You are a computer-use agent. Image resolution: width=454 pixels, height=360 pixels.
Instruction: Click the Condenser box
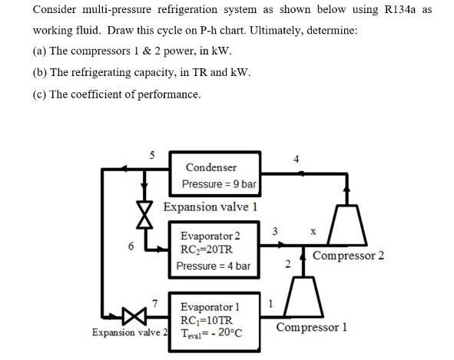[213, 175]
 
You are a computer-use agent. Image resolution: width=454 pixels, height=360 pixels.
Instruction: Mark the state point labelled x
[313, 230]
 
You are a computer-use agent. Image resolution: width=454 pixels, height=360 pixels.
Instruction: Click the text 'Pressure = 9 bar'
[219, 184]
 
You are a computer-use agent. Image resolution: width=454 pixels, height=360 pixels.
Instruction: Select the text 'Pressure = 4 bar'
[214, 266]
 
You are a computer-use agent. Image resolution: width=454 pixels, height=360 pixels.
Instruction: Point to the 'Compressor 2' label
[349, 256]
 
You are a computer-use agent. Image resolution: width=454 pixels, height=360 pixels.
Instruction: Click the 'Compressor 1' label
[311, 328]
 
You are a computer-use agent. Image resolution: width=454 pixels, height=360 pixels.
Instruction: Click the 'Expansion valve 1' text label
[210, 207]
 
